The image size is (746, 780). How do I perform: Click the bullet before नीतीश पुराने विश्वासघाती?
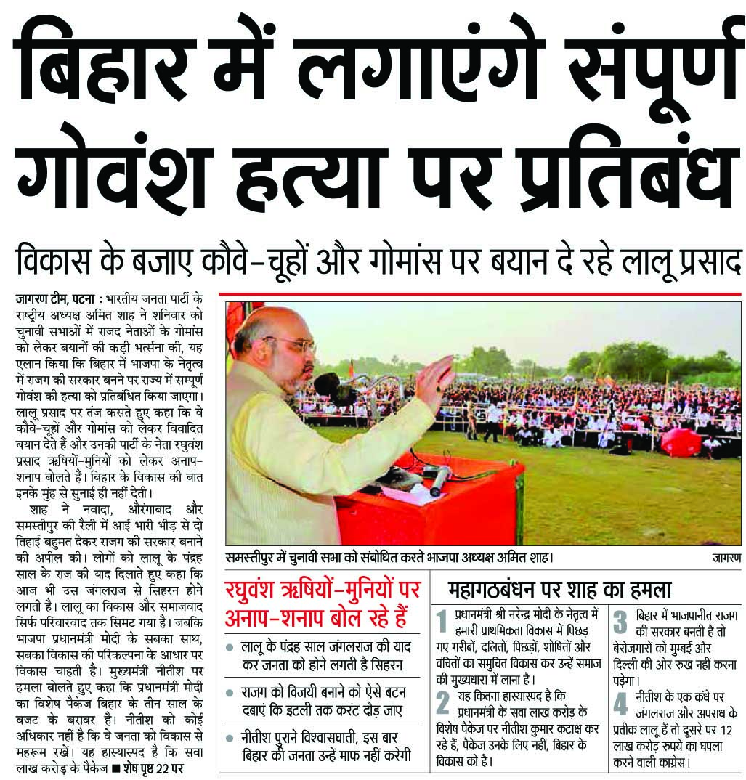230,736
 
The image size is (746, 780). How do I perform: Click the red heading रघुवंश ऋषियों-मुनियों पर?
320,588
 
